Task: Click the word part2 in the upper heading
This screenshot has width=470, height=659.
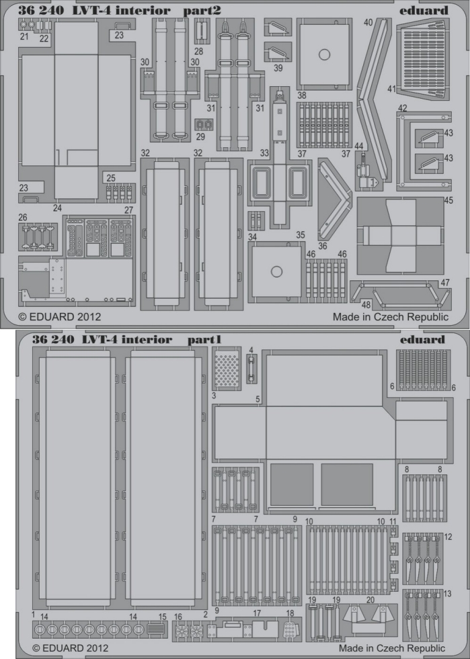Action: [x=202, y=11]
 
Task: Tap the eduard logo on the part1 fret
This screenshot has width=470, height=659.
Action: [x=422, y=339]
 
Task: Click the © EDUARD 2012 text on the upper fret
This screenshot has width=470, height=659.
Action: [x=60, y=316]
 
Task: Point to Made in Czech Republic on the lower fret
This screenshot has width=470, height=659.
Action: [x=392, y=648]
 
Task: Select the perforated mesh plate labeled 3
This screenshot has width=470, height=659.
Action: [x=227, y=369]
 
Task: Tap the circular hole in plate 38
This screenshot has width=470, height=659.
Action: [x=324, y=54]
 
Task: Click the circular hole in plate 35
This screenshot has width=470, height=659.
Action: [x=276, y=271]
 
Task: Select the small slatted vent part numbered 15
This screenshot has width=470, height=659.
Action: [x=156, y=630]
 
